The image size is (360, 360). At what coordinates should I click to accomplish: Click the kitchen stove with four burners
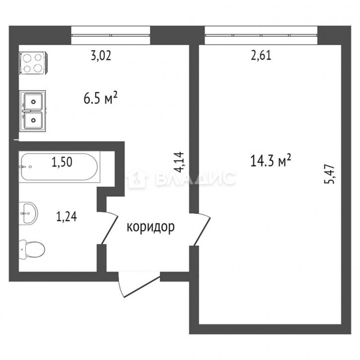coord(33,64)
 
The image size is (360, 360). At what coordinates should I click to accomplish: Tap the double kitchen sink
coord(33,111)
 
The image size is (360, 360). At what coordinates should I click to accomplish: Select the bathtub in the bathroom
coord(60,167)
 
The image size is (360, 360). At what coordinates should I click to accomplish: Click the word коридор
coord(150,227)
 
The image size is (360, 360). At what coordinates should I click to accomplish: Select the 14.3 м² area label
coord(271,160)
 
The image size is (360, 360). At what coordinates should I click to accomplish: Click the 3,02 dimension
coord(101,56)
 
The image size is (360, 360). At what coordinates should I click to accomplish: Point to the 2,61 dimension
coord(261,56)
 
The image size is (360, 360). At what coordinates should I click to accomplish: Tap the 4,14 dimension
coord(179,162)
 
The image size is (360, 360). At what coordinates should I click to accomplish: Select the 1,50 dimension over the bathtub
coord(62,162)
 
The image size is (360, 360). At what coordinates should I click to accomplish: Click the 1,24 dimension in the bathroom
coord(67,216)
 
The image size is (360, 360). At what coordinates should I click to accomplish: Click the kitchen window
coord(111,35)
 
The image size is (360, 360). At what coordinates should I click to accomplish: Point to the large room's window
coord(261,35)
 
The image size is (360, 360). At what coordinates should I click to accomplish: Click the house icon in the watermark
coord(137,178)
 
